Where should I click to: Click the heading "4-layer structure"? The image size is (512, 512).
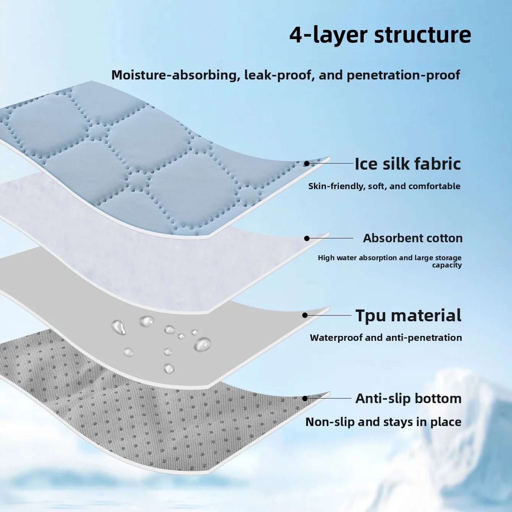pos(380,35)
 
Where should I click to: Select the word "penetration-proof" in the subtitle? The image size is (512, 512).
pos(403,75)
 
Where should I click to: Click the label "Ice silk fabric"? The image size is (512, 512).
pos(408,164)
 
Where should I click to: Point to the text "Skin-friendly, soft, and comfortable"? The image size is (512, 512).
pos(384,186)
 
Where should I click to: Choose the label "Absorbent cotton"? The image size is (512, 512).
pos(413,238)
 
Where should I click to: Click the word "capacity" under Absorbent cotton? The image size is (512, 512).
pos(447,265)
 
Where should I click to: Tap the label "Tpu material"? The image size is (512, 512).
pos(408,316)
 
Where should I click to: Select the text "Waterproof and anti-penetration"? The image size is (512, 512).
pos(386,338)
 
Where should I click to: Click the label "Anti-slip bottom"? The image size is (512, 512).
pos(408,398)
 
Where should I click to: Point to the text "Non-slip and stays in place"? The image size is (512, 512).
pos(383,422)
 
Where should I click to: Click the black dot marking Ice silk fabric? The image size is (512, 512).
pos(306,164)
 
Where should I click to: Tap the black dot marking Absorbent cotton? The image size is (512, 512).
pos(306,238)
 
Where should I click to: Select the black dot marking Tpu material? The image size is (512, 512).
pos(305,315)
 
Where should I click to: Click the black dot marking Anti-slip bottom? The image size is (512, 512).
pos(305,398)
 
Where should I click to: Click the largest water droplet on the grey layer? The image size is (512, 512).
pos(203,344)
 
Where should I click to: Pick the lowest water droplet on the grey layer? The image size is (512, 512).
pos(169,369)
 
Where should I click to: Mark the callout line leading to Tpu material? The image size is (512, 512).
pos(329,315)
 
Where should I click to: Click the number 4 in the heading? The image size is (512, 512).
pos(297,35)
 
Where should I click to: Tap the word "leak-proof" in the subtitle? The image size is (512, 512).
pos(278,75)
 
